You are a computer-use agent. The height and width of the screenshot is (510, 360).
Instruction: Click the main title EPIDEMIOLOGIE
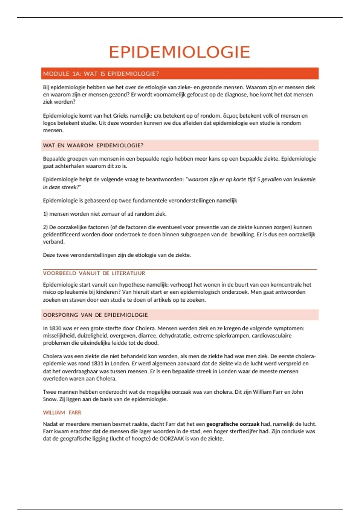tap(179, 52)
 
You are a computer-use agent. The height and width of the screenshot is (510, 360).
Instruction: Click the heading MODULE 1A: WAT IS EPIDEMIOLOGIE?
tap(101, 74)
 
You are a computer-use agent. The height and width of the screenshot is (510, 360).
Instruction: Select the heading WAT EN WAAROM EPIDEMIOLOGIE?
tap(93, 145)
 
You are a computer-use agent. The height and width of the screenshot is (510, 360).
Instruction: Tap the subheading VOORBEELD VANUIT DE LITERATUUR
tap(94, 273)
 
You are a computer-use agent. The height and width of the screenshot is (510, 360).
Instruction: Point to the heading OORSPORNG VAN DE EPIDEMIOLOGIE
tap(95, 315)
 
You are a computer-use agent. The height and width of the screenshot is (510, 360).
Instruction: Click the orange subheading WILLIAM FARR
tap(62, 412)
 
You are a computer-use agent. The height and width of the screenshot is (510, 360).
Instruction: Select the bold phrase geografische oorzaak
tap(233, 424)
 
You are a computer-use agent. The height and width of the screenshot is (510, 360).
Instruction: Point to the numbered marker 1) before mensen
tap(45, 214)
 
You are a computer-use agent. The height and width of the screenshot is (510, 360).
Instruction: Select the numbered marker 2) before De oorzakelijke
tap(45, 227)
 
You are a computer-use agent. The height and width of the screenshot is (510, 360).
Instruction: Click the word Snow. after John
tap(50, 399)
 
